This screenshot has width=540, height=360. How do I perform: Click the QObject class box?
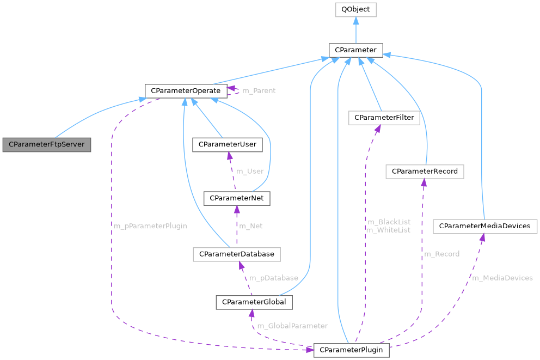pos(355,10)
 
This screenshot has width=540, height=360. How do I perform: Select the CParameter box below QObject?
pos(355,50)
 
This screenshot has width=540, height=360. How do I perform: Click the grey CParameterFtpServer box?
pos(47,145)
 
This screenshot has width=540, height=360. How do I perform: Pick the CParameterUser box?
pos(228,145)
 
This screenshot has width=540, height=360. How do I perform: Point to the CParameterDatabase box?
pos(236,254)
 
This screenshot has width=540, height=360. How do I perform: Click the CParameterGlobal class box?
pos(255,302)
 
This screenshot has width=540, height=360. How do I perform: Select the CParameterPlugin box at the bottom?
pos(351,350)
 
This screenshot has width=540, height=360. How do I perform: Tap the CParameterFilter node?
pos(384,118)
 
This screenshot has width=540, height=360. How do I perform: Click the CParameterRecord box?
pos(425,172)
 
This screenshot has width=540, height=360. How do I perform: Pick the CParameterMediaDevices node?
pos(484,226)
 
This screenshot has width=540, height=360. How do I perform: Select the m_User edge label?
pos(249,172)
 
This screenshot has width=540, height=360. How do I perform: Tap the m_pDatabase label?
pos(273,278)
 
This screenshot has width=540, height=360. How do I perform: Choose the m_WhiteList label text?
pos(388,230)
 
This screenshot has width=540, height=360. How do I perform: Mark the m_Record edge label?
pos(441,254)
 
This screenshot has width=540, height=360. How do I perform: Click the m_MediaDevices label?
pos(502,278)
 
